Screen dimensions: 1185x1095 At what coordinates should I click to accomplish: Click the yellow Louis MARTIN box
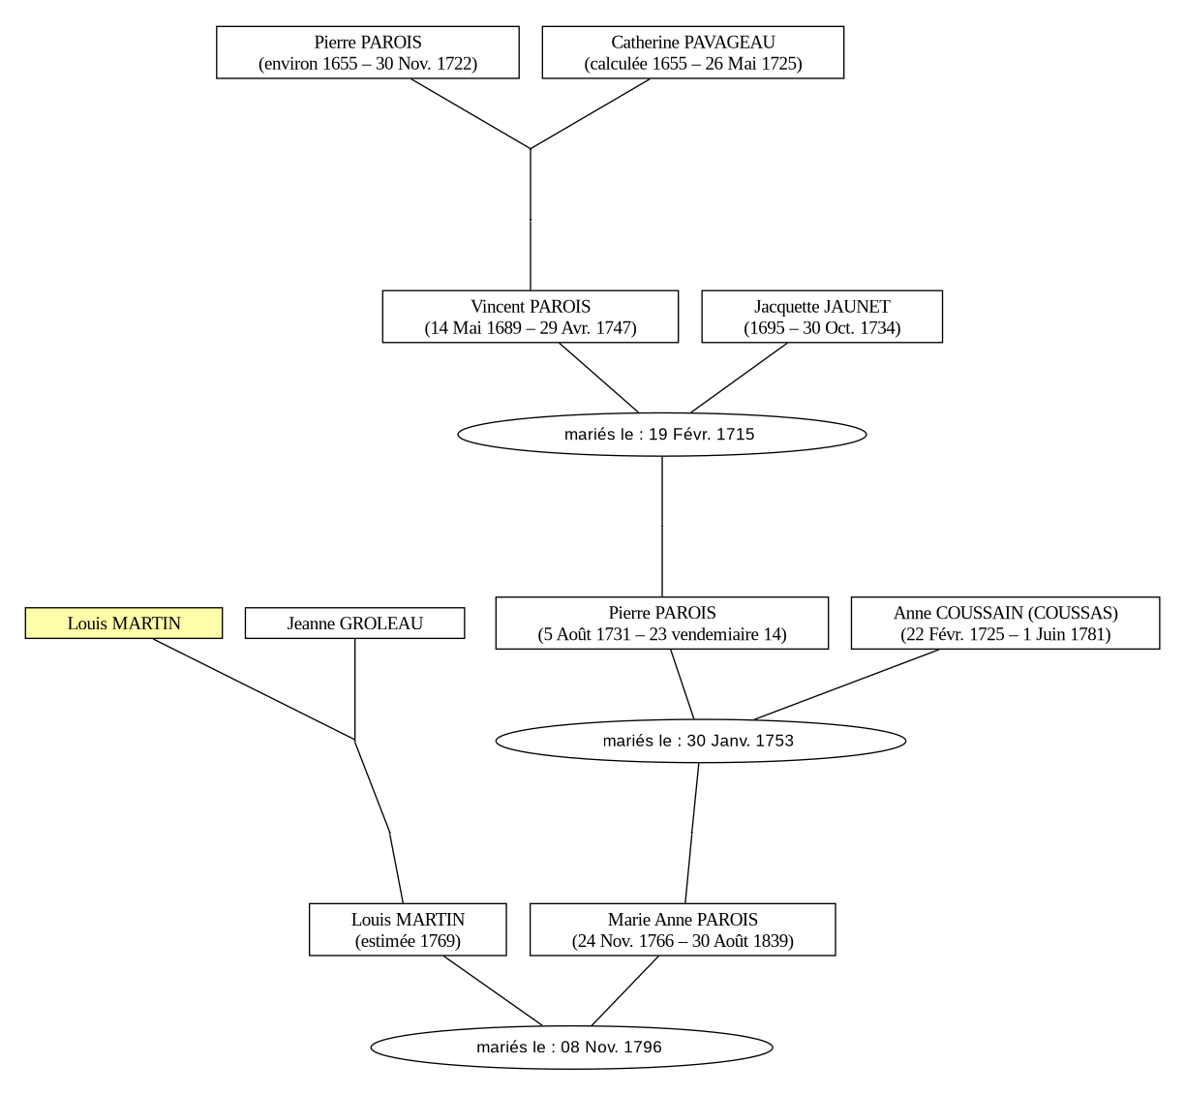124,623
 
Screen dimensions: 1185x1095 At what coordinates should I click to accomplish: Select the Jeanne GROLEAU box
354,623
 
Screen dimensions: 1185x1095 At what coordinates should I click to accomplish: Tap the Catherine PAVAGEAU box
693,52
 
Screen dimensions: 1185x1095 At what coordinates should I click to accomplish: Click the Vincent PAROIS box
530,317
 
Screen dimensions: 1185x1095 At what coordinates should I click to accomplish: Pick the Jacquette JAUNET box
822,317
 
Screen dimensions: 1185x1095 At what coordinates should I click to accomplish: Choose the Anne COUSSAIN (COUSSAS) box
1005,623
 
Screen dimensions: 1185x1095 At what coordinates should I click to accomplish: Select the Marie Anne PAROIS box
683,929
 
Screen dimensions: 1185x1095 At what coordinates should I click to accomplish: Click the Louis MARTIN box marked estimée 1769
408,929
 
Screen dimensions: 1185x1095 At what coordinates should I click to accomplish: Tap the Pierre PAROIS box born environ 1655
368,52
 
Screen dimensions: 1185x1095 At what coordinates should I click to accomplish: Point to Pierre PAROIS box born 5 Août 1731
661,623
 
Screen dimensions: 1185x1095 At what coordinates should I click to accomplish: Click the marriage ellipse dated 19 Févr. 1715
661,435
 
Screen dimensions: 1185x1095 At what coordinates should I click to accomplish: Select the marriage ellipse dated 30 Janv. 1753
701,741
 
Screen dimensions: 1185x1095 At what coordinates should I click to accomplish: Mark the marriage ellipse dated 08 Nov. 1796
571,1048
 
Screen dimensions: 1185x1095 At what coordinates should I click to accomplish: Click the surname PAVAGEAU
729,43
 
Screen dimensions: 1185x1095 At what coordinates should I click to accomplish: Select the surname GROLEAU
380,623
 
